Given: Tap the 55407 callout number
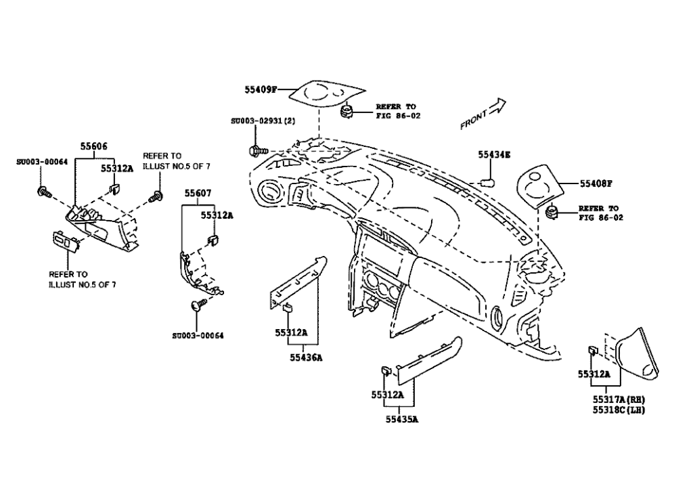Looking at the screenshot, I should [x=198, y=194].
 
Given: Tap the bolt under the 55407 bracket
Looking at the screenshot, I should [x=198, y=307].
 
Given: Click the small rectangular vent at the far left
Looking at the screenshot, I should [x=64, y=240].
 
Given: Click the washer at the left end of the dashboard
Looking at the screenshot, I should [x=256, y=150].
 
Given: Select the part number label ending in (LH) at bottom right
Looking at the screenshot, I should [x=619, y=410].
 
